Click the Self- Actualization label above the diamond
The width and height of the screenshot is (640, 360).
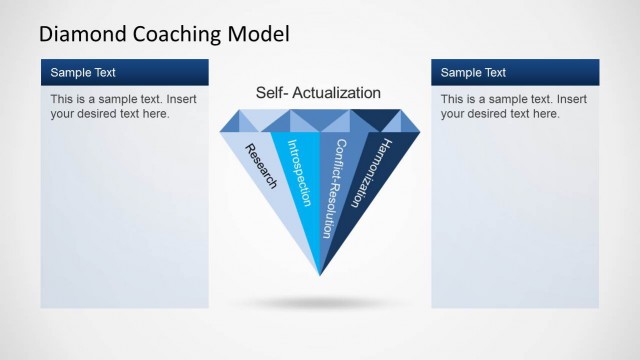coord(318,93)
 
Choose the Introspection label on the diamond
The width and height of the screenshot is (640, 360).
coord(299,172)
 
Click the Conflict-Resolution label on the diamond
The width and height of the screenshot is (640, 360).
coord(333,187)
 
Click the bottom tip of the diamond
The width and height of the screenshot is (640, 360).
coord(320,275)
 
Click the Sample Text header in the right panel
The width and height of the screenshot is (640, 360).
coord(473,72)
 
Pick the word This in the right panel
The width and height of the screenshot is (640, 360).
coord(453,100)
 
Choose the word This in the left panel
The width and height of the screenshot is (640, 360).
coord(63,100)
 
